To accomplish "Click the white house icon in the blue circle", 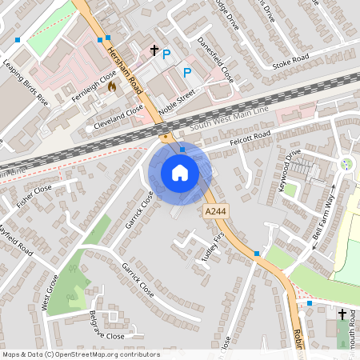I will pos(180,172).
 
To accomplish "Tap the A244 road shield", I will pos(213,210).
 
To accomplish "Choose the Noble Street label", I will pos(176,102).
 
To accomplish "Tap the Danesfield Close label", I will pos(214,60).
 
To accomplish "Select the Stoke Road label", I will pos(290,62).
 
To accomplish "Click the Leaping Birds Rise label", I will pos(25,83).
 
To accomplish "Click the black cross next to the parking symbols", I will pos(154,50).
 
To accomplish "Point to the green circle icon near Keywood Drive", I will pos(346,164).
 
